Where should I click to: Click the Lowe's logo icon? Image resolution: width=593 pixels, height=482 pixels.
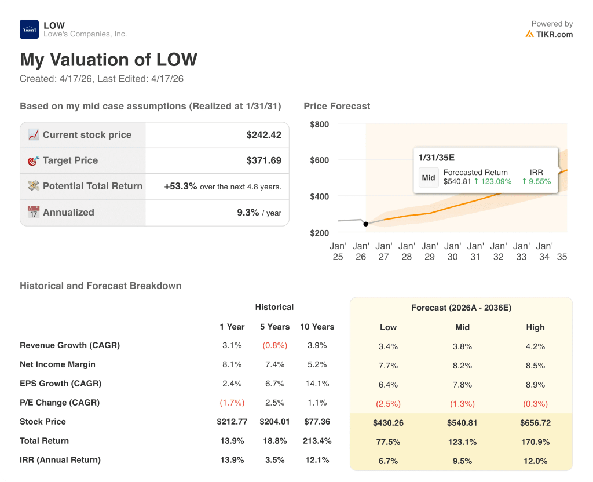pyautogui.click(x=29, y=30)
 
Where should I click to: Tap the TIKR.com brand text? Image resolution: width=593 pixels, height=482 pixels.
pyautogui.click(x=554, y=34)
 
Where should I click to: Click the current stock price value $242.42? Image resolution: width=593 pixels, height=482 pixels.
pyautogui.click(x=263, y=135)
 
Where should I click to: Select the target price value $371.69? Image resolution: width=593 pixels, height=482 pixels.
pyautogui.click(x=263, y=160)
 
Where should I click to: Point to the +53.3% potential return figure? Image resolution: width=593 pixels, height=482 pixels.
pyautogui.click(x=181, y=187)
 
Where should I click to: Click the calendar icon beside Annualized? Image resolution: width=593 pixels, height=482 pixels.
pyautogui.click(x=34, y=212)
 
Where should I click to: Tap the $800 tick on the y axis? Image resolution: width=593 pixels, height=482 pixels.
pyautogui.click(x=319, y=125)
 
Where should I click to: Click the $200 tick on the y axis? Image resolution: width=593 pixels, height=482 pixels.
pyautogui.click(x=319, y=233)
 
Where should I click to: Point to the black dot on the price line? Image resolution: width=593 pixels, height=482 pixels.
pyautogui.click(x=365, y=224)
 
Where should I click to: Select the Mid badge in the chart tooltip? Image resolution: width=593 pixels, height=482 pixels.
pyautogui.click(x=429, y=178)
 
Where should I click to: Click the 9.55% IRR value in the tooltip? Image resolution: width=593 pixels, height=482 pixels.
pyautogui.click(x=536, y=181)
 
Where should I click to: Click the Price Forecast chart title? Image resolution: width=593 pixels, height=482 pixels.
pyautogui.click(x=336, y=106)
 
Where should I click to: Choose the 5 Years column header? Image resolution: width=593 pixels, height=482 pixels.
pyautogui.click(x=274, y=327)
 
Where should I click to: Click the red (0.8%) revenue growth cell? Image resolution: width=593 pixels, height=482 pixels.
pyautogui.click(x=274, y=345)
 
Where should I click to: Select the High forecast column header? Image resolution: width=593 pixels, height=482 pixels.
pyautogui.click(x=535, y=327)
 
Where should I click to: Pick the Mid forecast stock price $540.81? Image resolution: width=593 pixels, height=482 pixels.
pyautogui.click(x=462, y=423)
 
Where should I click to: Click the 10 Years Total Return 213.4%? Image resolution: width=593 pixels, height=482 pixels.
pyautogui.click(x=317, y=441)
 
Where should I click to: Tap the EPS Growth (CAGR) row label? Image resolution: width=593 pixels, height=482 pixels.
pyautogui.click(x=60, y=384)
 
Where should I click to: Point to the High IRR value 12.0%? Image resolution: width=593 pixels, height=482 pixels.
pyautogui.click(x=535, y=461)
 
